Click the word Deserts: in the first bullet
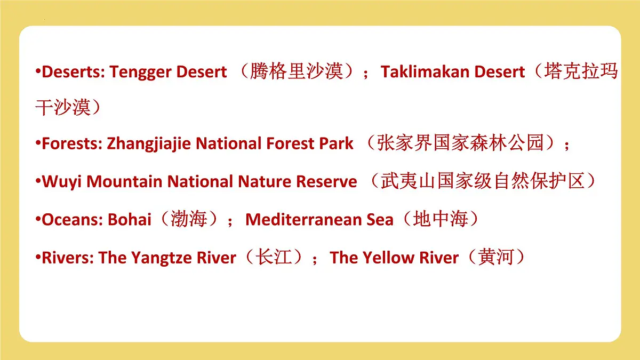pos(74,72)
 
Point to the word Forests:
pos(72,143)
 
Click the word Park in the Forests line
pos(337,143)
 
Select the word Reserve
pos(326,182)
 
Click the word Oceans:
pos(73,220)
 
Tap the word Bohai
pos(130,220)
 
